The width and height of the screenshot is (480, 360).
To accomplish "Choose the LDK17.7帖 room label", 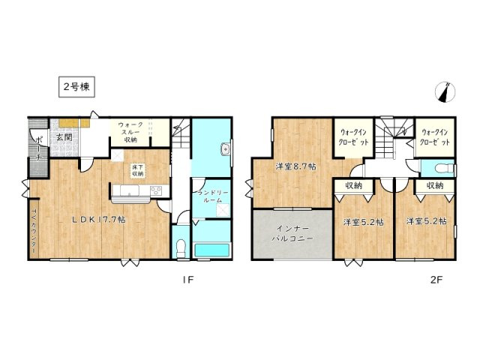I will pyautogui.click(x=98, y=220).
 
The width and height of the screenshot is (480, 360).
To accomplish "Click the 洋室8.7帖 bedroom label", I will pyautogui.click(x=294, y=166).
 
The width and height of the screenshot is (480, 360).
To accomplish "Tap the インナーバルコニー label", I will pyautogui.click(x=291, y=233).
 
